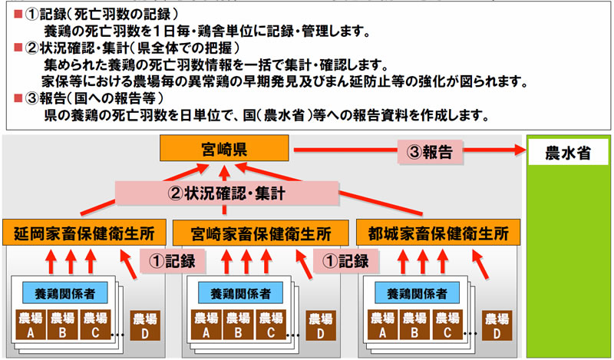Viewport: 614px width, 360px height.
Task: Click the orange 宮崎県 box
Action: (224, 148)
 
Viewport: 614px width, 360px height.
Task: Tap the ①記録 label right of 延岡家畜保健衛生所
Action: (166, 260)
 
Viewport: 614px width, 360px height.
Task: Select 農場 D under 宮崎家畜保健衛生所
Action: (319, 325)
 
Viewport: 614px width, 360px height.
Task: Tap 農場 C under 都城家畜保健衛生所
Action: (449, 324)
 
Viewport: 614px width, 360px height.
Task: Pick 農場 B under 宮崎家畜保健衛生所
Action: (239, 324)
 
